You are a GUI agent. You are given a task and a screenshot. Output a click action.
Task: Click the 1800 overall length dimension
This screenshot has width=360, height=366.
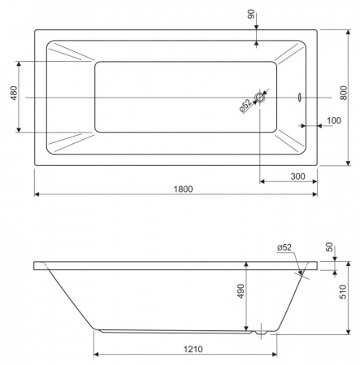[183, 189]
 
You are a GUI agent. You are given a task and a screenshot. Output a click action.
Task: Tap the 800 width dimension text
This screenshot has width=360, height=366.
[343, 93]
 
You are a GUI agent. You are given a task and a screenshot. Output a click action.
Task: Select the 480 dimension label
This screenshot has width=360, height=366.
[14, 93]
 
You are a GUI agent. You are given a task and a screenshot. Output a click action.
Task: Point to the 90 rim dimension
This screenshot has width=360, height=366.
[251, 14]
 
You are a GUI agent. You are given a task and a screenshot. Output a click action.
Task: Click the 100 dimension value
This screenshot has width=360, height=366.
[334, 120]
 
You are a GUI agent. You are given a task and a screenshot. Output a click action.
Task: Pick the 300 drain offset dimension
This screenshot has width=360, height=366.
[297, 176]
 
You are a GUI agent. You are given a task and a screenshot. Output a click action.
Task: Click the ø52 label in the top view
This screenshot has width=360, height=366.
[245, 106]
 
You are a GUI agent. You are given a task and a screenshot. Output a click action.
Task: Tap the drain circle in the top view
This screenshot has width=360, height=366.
[260, 98]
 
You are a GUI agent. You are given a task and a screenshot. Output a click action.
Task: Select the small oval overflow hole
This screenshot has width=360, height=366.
[300, 98]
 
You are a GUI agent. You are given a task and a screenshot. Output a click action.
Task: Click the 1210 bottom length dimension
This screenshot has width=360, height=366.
[193, 349]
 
